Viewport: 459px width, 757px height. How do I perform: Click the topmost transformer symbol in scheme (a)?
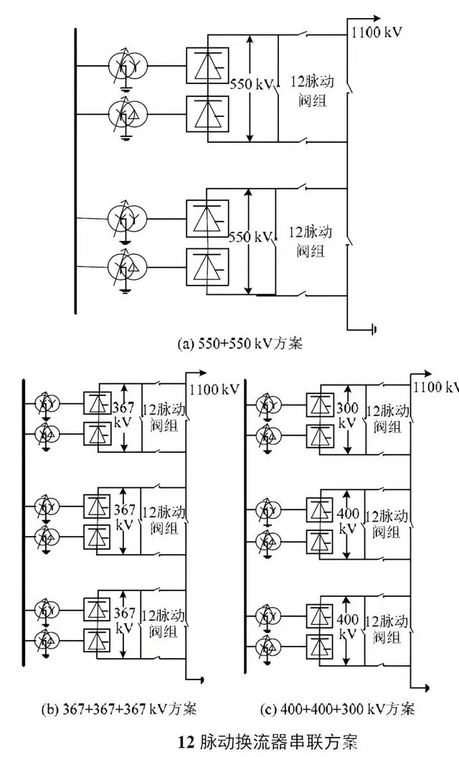pyautogui.click(x=127, y=67)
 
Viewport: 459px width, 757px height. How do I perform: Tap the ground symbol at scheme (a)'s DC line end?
pyautogui.click(x=374, y=331)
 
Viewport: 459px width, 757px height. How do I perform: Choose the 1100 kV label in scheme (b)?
pyautogui.click(x=214, y=390)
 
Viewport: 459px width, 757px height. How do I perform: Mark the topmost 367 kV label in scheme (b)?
pyautogui.click(x=123, y=415)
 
